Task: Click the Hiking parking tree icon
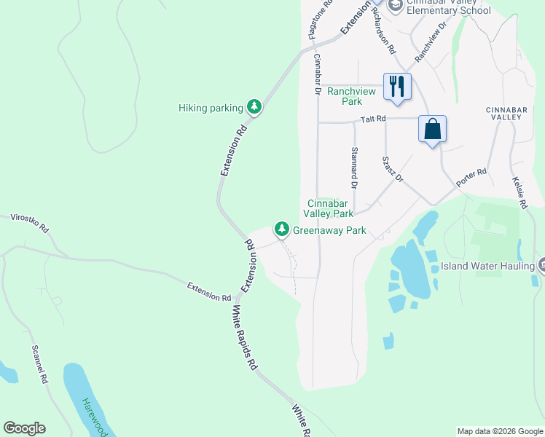pyautogui.click(x=254, y=108)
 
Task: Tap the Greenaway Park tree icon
pyautogui.click(x=281, y=229)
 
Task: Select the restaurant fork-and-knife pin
pyautogui.click(x=397, y=87)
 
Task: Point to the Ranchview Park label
pyautogui.click(x=351, y=96)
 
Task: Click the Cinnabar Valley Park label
pyautogui.click(x=330, y=208)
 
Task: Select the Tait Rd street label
pyautogui.click(x=372, y=119)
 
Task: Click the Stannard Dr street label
pyautogui.click(x=354, y=168)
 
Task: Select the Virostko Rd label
pyautogui.click(x=29, y=222)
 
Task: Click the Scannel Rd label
pyautogui.click(x=39, y=364)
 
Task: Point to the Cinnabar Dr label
pyautogui.click(x=318, y=74)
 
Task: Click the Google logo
pyautogui.click(x=24, y=428)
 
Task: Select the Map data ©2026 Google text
pyautogui.click(x=500, y=431)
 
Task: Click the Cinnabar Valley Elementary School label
pyautogui.click(x=448, y=7)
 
